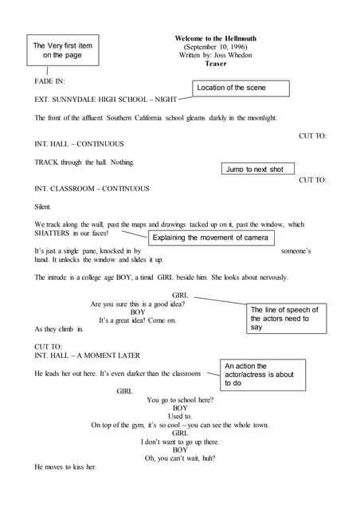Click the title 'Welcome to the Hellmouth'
(x=215, y=38)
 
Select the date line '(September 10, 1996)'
(x=215, y=47)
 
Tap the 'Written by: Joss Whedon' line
(x=215, y=56)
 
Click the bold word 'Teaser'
(x=216, y=65)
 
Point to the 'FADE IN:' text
(x=50, y=82)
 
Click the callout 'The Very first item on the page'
(x=62, y=50)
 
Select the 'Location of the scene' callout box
(x=241, y=88)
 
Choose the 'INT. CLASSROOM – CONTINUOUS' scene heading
(x=92, y=189)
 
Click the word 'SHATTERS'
(x=53, y=233)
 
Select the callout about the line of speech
(x=284, y=318)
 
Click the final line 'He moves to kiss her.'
(x=65, y=467)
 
